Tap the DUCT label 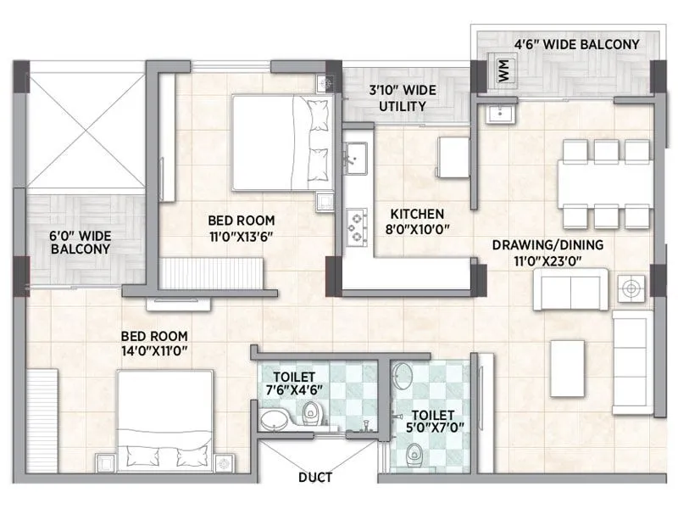pyautogui.click(x=315, y=478)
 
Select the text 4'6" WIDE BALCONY pyautogui.click(x=571, y=45)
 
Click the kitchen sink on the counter pyautogui.click(x=356, y=156)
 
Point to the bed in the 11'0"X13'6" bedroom pyautogui.click(x=280, y=141)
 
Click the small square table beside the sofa pyautogui.click(x=631, y=288)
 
